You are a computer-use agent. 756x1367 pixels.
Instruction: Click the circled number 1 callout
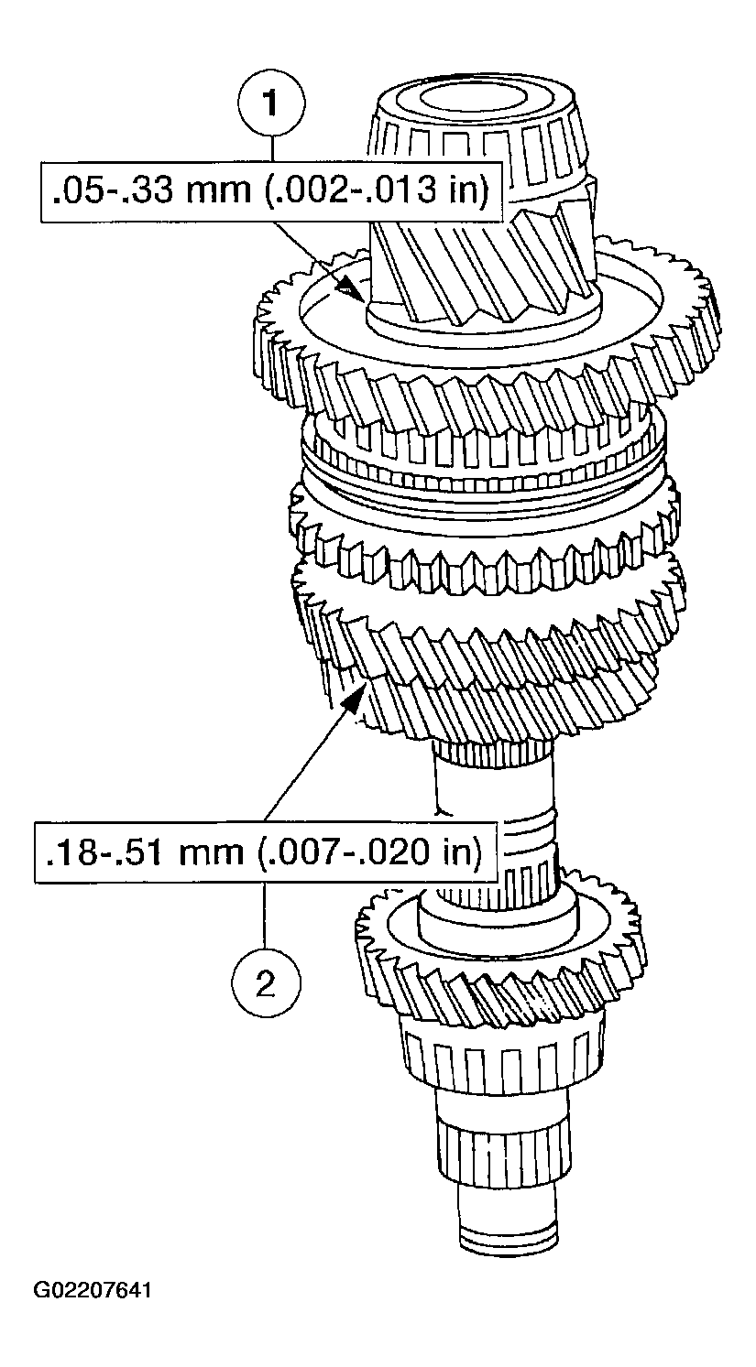point(270,103)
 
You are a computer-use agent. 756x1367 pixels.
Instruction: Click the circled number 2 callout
point(265,984)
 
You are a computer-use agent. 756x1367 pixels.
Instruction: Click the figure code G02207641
point(93,1291)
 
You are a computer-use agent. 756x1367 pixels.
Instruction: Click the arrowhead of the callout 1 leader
point(348,289)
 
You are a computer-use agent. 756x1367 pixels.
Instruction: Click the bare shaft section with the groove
point(495,806)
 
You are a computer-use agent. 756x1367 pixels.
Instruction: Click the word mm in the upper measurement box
point(209,192)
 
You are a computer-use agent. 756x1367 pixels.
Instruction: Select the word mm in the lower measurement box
point(209,852)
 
